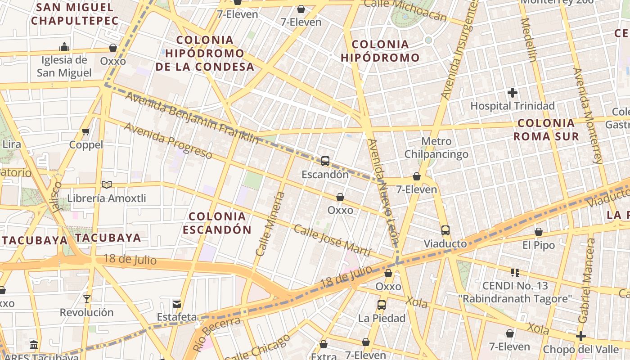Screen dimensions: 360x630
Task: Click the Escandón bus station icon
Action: (325, 161)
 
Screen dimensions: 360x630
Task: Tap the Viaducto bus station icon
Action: (445, 230)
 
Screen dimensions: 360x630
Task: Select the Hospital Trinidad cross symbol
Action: (512, 93)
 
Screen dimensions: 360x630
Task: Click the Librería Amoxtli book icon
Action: (107, 184)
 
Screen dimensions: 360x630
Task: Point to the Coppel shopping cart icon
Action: (86, 131)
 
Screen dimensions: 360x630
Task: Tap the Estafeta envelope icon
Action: (176, 304)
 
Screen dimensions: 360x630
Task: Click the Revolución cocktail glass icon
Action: (87, 299)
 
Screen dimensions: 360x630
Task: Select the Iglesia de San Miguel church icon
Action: (64, 47)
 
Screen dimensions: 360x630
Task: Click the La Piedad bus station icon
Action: (382, 305)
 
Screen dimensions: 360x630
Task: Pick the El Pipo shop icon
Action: (538, 232)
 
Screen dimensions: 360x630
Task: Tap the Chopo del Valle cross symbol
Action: (580, 336)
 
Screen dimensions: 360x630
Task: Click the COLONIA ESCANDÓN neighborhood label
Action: (217, 223)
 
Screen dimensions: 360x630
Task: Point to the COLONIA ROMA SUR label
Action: (546, 130)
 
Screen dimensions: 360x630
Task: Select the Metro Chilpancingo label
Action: (436, 148)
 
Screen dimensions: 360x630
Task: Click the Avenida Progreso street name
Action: (168, 140)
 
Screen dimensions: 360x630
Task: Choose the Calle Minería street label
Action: (270, 224)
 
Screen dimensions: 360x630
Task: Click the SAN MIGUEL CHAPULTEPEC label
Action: (75, 14)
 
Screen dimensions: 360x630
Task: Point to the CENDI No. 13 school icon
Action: (515, 272)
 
